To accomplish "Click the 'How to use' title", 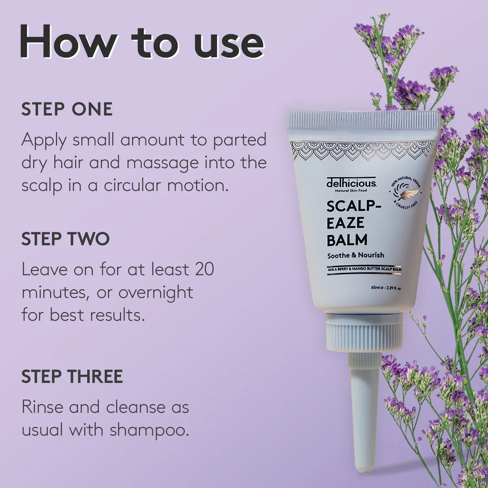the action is click(142, 42).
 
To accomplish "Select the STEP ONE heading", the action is click(67, 109).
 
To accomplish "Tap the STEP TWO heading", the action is click(65, 239).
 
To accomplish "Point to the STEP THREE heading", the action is click(72, 376).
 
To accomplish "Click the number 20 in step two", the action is click(205, 269).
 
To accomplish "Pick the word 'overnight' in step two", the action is click(156, 293).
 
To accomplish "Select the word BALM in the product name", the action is click(347, 240).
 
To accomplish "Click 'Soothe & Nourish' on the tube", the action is click(355, 255).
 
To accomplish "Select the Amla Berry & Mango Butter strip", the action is click(364, 270).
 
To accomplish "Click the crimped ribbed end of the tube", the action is click(364, 121).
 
